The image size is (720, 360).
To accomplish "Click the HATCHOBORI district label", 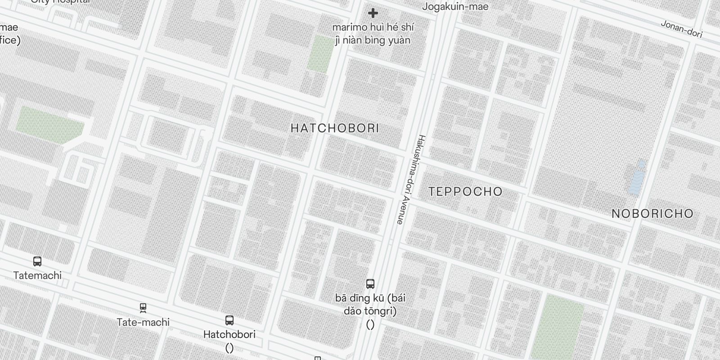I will click(x=335, y=128).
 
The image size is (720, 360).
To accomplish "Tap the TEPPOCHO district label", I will click(x=465, y=192).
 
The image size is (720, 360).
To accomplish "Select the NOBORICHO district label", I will click(x=652, y=214).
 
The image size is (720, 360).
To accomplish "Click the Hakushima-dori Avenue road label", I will click(x=410, y=179).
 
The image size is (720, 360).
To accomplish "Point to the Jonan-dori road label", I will click(x=681, y=29).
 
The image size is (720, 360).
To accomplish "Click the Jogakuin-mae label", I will click(x=455, y=7).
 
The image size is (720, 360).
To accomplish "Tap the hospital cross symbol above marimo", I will click(x=373, y=13).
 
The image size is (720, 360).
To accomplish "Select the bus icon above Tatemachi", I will click(x=37, y=261).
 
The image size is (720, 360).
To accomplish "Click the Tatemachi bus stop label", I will click(x=37, y=275).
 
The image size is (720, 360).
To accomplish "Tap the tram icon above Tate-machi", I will click(x=143, y=308).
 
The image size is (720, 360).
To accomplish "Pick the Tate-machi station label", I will click(x=143, y=322).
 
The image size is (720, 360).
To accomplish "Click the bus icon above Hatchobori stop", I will click(x=229, y=320).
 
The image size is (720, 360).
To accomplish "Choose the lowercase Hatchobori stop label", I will click(x=229, y=334).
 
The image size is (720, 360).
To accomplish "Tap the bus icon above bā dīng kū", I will click(x=370, y=284).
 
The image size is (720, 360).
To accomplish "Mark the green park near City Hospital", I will click(x=49, y=125).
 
